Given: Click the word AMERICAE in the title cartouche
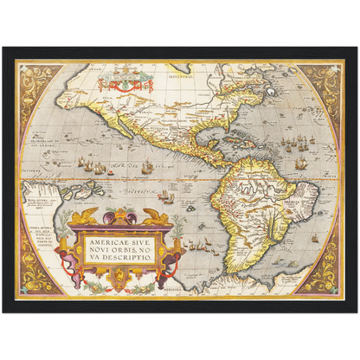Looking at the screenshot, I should point(98,245).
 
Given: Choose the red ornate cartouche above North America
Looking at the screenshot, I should point(125,85).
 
